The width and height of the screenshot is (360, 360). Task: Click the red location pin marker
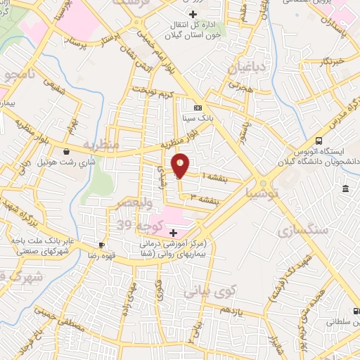pyautogui.click(x=181, y=165)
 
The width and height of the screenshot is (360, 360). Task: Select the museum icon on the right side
pyautogui.click(x=346, y=189)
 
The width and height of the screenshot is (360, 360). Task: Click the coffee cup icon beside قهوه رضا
pyautogui.click(x=102, y=245)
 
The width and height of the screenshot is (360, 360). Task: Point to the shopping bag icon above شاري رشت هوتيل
pyautogui.click(x=66, y=151)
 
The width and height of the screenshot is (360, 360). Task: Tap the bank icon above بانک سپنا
pyautogui.click(x=198, y=108)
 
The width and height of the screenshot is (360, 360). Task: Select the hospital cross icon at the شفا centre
pyautogui.click(x=173, y=231)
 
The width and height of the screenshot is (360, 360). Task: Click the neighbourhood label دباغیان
pyautogui.click(x=245, y=68)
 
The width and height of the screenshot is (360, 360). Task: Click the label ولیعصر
pyautogui.click(x=124, y=203)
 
